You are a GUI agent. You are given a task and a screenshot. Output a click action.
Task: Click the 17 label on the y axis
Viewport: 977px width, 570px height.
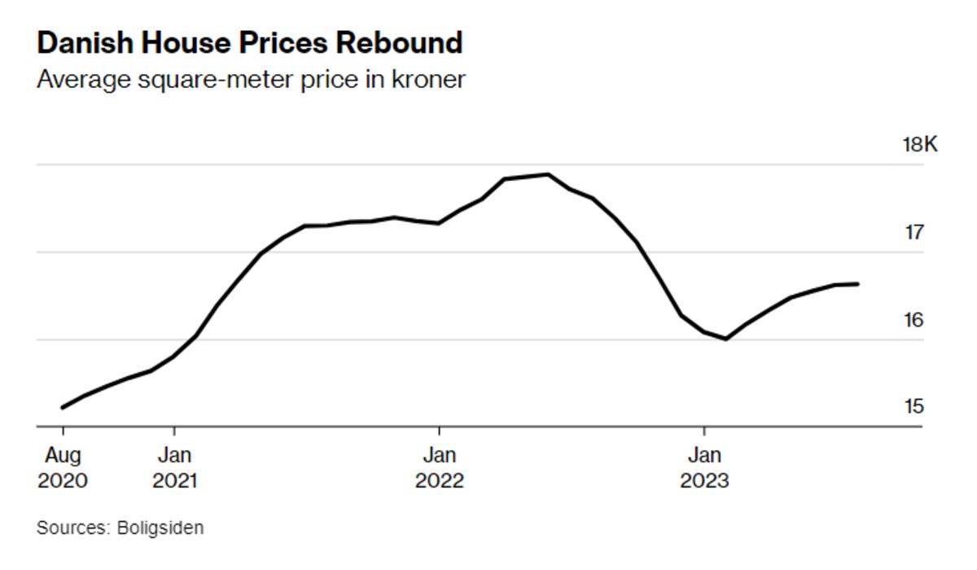914,233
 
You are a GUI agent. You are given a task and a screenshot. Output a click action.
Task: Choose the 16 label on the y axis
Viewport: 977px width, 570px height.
914,320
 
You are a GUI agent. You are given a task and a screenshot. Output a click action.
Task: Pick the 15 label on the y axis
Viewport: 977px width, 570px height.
914,406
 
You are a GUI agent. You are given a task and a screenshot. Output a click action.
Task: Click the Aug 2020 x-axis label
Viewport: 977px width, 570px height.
63,467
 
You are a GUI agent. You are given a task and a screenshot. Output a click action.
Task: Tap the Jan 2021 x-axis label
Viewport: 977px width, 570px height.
174,467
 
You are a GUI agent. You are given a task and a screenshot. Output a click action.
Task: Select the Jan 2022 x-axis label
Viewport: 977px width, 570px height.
440,467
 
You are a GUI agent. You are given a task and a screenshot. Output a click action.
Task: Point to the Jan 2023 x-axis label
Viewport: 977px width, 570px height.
704,467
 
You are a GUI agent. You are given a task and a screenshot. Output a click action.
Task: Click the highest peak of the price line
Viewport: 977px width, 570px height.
547,174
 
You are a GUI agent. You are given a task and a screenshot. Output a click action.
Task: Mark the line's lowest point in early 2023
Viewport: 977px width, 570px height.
725,339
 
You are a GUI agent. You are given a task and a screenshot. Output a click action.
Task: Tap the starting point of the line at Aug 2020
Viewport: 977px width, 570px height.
63,407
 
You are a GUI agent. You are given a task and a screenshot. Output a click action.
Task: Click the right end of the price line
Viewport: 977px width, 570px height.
858,283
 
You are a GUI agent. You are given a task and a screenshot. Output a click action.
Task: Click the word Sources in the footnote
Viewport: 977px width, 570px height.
72,528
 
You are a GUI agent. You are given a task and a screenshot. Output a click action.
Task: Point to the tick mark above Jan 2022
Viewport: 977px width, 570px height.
440,431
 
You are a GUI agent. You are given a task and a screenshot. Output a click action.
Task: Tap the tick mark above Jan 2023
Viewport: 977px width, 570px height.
704,431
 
